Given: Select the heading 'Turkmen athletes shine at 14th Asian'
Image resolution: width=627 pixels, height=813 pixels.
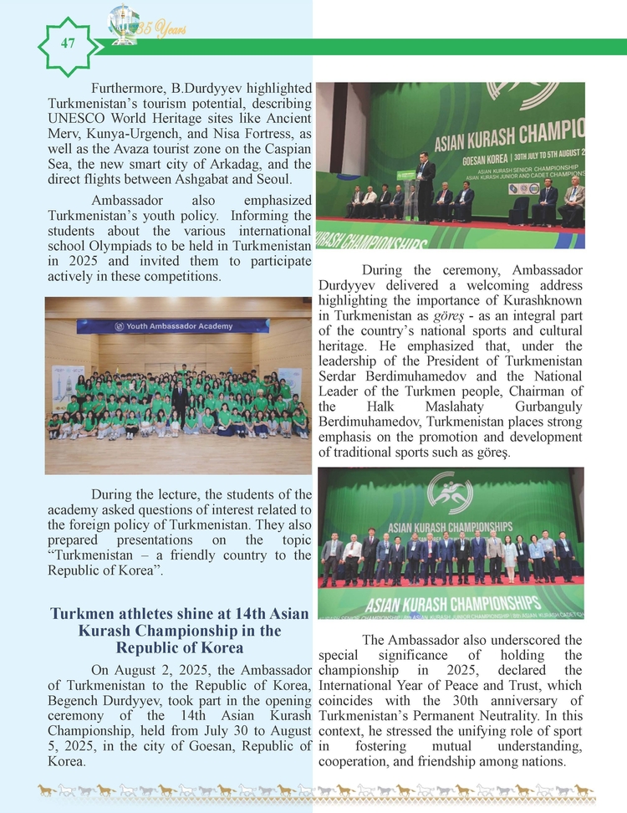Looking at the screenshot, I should click(179, 614).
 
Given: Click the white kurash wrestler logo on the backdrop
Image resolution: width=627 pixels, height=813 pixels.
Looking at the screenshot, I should click(451, 493).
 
